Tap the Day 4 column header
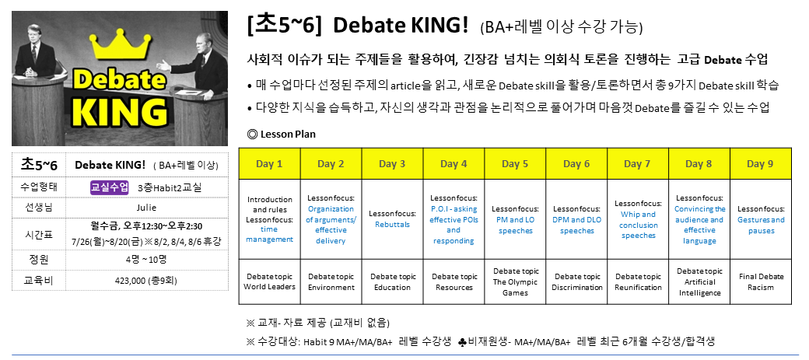click(454, 164)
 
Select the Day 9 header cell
click(761, 164)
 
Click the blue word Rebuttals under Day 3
click(392, 225)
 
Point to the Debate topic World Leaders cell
click(269, 282)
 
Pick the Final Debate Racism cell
click(761, 282)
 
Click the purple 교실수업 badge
click(110, 187)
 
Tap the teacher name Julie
click(146, 208)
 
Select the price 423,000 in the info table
click(130, 281)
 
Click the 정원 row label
click(39, 260)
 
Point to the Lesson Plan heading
click(282, 135)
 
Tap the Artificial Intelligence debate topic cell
click(699, 282)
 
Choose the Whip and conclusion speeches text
click(638, 225)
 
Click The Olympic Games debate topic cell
click(515, 282)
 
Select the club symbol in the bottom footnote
click(462, 341)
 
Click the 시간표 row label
click(39, 233)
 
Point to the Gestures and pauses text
click(761, 225)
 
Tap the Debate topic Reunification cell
click(638, 282)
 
